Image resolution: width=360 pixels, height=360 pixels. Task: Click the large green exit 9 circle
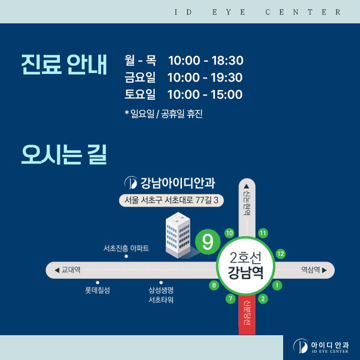(208, 242)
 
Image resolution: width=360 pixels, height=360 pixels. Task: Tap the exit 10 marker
(229, 233)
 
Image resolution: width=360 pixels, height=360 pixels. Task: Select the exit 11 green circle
(263, 233)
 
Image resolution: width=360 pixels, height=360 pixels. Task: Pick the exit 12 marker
(281, 253)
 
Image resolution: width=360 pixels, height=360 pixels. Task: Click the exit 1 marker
(277, 286)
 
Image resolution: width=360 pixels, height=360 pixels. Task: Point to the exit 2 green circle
(263, 299)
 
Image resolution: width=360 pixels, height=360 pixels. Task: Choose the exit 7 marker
(231, 299)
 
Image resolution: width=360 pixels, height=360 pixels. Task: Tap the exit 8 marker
(214, 286)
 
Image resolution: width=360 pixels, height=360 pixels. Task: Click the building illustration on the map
(178, 235)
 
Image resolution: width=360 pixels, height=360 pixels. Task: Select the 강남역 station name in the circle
(246, 273)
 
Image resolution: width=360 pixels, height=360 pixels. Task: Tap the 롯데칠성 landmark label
(97, 290)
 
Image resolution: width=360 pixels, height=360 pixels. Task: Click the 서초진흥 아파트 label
(126, 248)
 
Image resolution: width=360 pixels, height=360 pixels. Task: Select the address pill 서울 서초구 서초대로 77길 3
(171, 200)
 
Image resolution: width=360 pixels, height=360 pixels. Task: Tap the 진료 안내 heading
(64, 65)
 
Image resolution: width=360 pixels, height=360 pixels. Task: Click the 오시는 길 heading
(64, 154)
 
